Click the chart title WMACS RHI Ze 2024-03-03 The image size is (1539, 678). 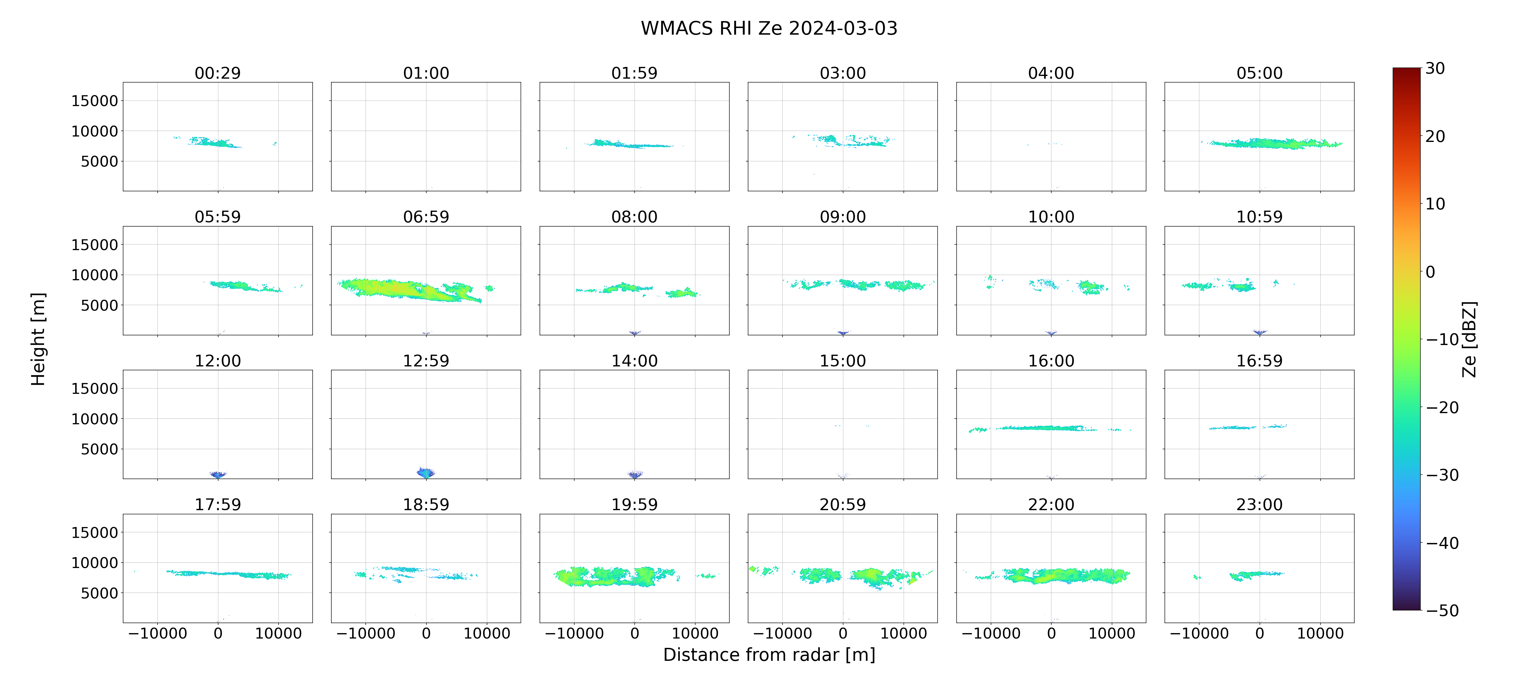coord(769,29)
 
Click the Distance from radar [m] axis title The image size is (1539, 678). coord(769,655)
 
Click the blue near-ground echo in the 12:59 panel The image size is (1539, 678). coord(426,473)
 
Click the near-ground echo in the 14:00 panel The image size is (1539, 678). coord(635,475)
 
